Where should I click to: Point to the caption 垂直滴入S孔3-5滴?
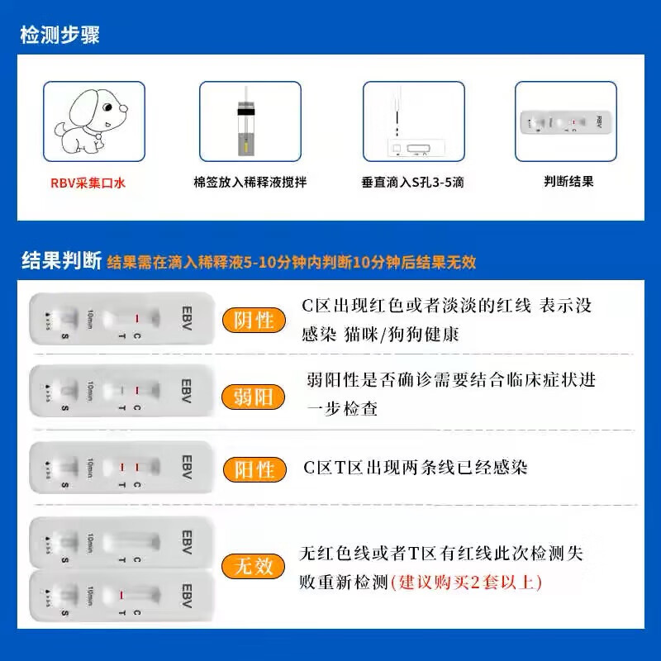412,183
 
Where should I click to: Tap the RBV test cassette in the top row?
565,122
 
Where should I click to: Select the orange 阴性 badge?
254,320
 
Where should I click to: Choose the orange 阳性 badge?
254,469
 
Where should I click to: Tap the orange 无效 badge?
254,566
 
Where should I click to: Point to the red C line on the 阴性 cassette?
137,317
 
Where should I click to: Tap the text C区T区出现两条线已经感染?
415,468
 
